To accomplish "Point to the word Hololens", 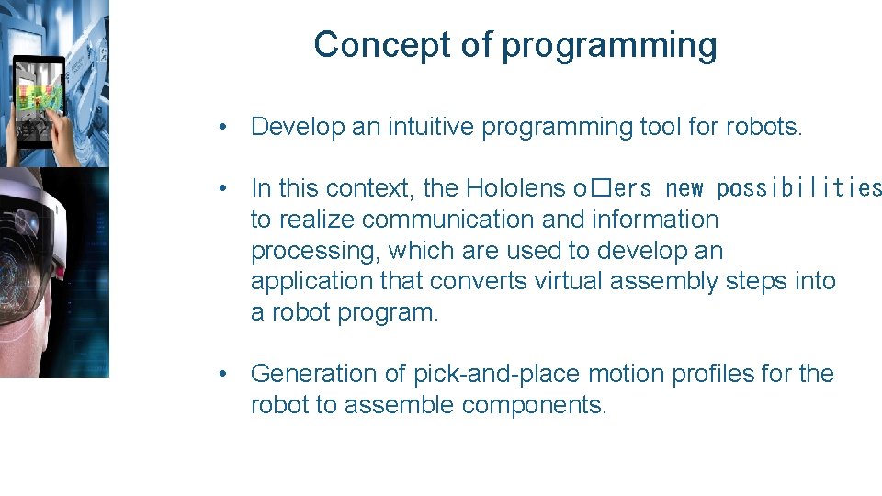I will [515, 188].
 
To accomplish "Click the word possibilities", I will [798, 189].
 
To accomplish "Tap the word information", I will [655, 220].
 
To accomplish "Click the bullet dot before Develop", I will [223, 127].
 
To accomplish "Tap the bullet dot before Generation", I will [223, 374].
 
